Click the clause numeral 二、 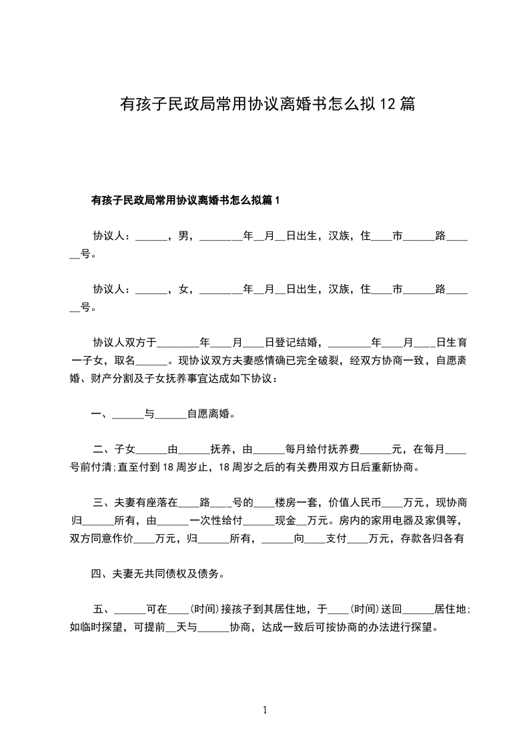tap(103, 449)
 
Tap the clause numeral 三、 tap(103, 503)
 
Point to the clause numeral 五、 tap(103, 609)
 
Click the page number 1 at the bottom tap(265, 710)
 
